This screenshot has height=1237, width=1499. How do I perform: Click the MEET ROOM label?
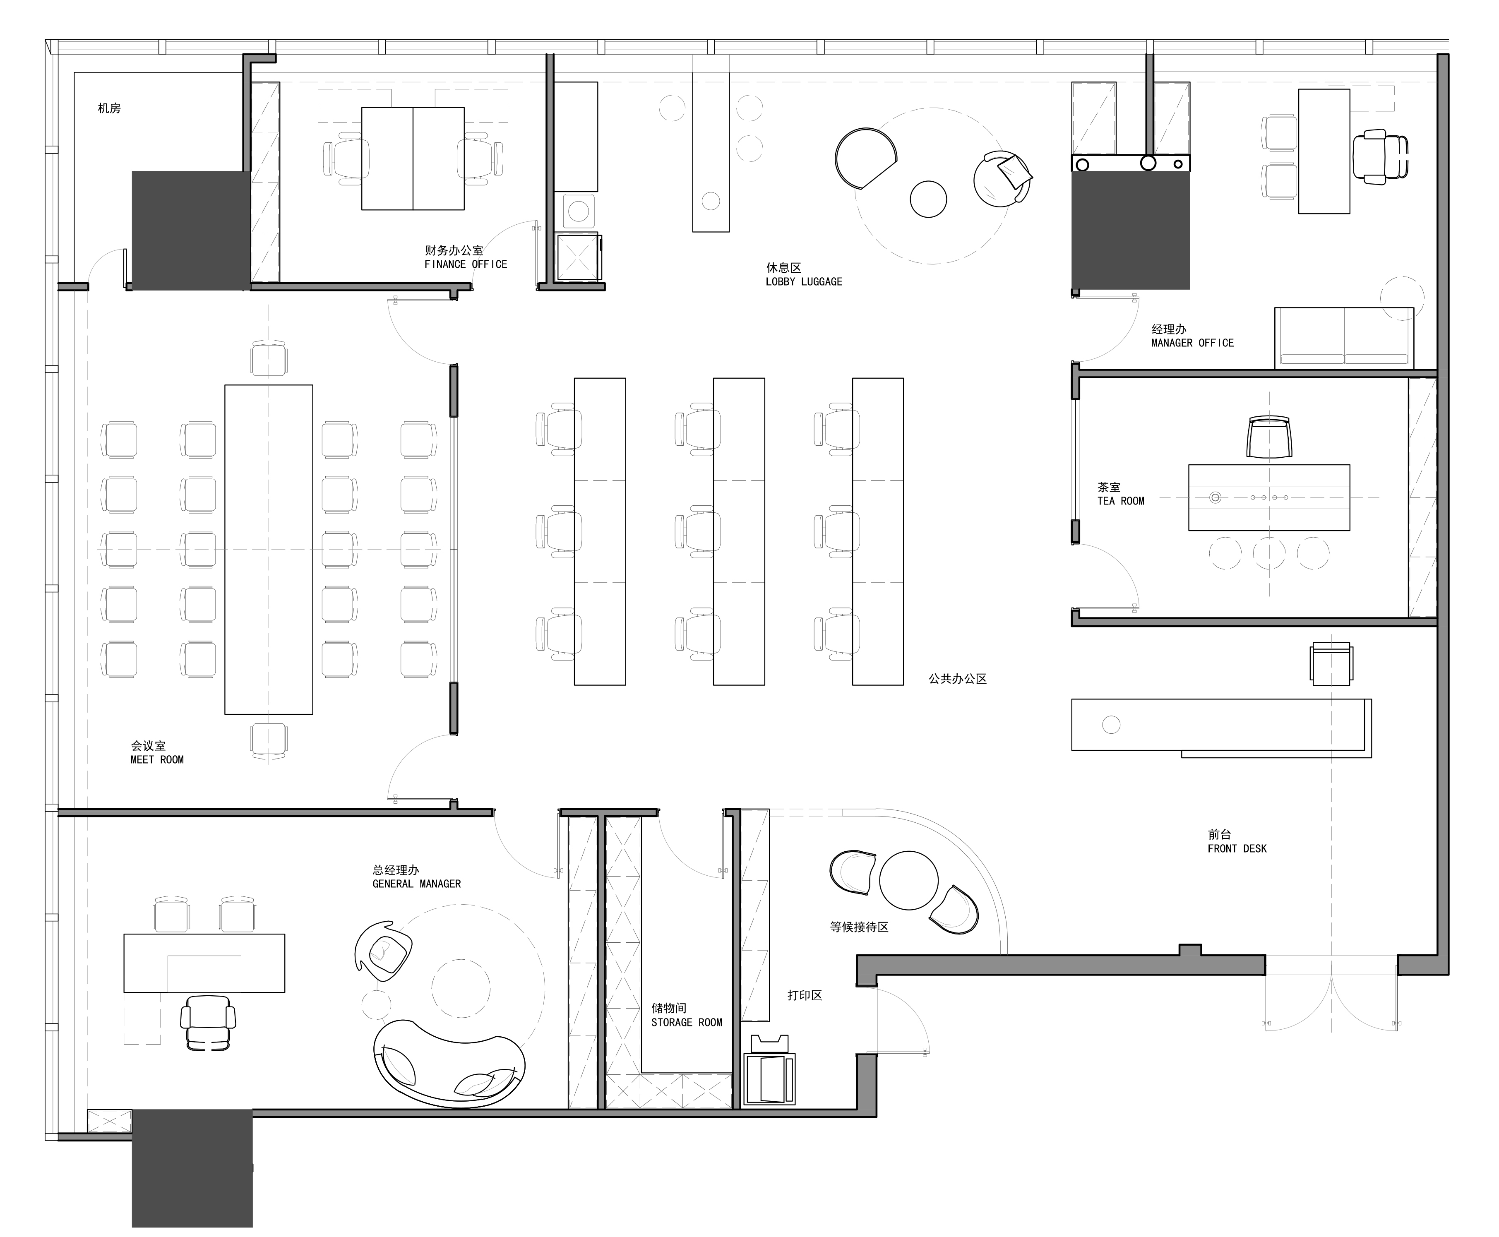(157, 759)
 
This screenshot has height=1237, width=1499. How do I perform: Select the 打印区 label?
(805, 995)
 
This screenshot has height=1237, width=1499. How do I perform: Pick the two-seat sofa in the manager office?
(1344, 338)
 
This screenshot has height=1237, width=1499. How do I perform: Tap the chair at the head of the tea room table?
(1269, 437)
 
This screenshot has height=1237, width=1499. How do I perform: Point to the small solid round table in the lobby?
(928, 199)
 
